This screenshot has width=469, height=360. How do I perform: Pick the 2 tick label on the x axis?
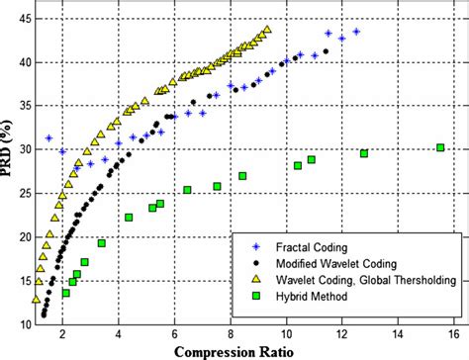(61, 334)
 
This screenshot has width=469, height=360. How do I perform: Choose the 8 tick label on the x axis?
(230, 334)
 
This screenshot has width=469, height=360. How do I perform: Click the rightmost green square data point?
(440, 148)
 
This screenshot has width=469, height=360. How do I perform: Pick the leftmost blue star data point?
(48, 138)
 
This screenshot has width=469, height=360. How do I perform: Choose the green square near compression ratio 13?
(364, 153)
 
